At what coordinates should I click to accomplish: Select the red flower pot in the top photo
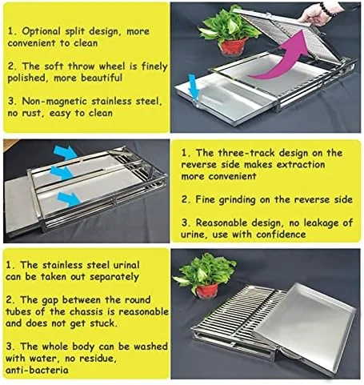[x=234, y=46]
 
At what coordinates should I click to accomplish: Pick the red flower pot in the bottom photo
[x=207, y=290]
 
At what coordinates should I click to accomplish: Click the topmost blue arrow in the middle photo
[x=66, y=152]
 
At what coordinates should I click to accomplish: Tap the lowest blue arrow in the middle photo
[x=70, y=199]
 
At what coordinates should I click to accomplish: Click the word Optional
[x=42, y=31]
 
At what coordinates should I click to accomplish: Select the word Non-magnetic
[x=54, y=102]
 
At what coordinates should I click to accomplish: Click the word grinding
[x=237, y=200]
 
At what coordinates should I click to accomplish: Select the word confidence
[x=281, y=235]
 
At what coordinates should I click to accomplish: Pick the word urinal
[x=126, y=265]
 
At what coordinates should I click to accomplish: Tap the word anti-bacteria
[x=37, y=370]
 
